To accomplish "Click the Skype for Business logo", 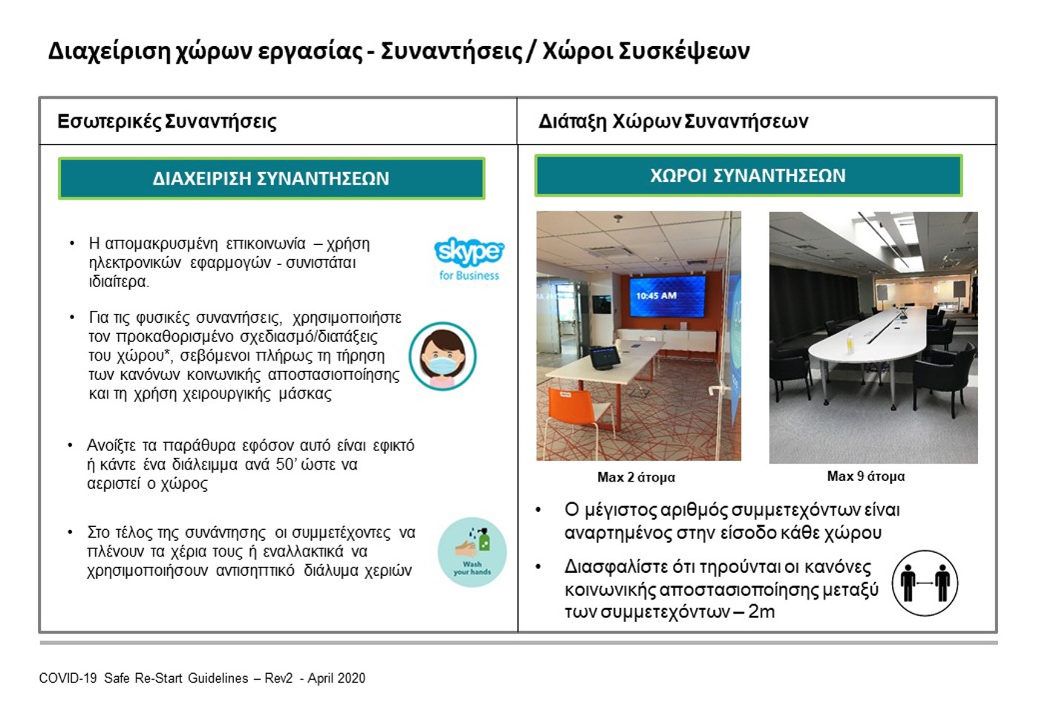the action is tap(469, 259).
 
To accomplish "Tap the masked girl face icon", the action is tap(442, 355).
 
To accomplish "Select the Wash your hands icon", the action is tap(472, 552).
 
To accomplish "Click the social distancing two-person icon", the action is tap(925, 582).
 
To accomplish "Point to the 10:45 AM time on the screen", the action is tap(656, 295).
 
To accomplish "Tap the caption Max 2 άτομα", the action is tap(636, 477).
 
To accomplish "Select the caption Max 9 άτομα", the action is tap(865, 476).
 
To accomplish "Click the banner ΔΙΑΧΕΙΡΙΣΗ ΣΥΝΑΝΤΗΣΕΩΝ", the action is tap(272, 178).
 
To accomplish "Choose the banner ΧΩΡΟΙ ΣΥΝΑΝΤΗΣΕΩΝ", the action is tap(748, 175).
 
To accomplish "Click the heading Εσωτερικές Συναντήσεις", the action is tap(167, 122).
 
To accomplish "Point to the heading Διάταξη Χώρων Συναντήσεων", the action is tap(673, 122).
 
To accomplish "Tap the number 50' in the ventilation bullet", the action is tap(285, 464).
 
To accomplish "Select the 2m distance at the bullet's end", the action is tap(761, 611).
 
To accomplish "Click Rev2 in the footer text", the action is tap(278, 678).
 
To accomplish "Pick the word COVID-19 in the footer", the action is tap(68, 678).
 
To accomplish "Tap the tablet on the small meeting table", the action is tap(604, 357).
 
